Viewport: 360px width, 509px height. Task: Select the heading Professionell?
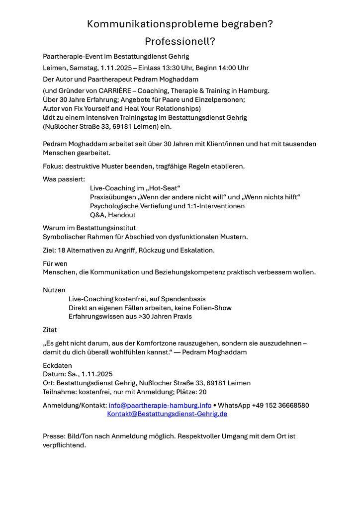(180, 41)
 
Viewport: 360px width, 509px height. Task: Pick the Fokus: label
(53, 166)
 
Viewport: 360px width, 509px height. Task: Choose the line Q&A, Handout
(113, 215)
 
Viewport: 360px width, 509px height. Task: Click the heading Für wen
(55, 263)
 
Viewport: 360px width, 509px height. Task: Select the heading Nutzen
(54, 290)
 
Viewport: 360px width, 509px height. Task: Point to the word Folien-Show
(211, 308)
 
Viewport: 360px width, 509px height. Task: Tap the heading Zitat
(50, 330)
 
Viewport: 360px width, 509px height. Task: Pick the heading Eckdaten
(57, 365)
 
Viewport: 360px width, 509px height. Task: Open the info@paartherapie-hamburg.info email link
(160, 405)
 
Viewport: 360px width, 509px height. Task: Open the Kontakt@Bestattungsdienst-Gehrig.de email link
(167, 414)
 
